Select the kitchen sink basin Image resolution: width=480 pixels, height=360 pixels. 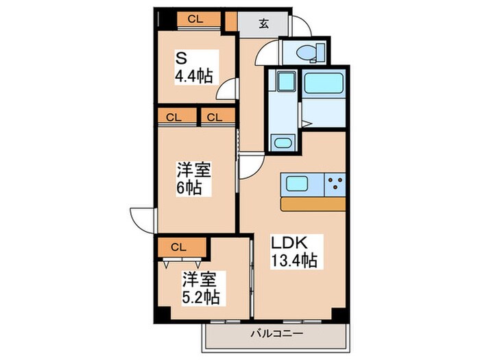click(x=298, y=184)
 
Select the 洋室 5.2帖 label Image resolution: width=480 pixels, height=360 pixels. click(x=200, y=288)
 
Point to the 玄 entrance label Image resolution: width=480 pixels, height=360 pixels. click(x=263, y=22)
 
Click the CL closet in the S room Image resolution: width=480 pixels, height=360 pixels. click(x=195, y=19)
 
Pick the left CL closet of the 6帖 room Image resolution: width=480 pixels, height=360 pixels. click(x=173, y=117)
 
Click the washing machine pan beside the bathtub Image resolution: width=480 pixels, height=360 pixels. click(x=285, y=83)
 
